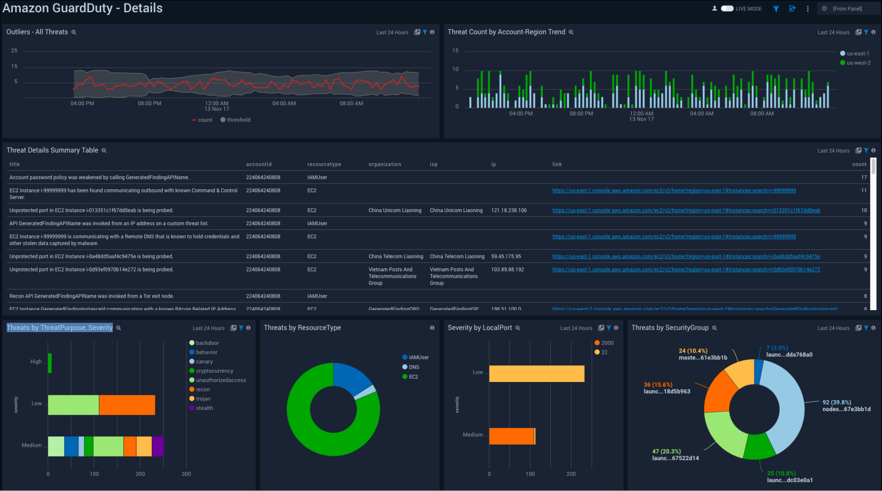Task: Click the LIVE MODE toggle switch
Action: pyautogui.click(x=727, y=9)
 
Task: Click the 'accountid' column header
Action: pyautogui.click(x=259, y=164)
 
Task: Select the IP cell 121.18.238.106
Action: pyautogui.click(x=509, y=210)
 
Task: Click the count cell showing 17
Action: pyautogui.click(x=863, y=177)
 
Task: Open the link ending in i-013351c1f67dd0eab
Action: pyautogui.click(x=686, y=210)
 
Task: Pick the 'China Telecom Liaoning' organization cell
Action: pyautogui.click(x=395, y=256)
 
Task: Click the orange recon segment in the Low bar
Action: pyautogui.click(x=127, y=405)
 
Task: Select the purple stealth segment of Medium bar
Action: pyautogui.click(x=158, y=446)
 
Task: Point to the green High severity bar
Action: pyautogui.click(x=50, y=363)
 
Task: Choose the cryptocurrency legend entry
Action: pyautogui.click(x=214, y=371)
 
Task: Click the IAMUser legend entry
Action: pyautogui.click(x=418, y=357)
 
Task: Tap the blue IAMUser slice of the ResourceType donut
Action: pyautogui.click(x=351, y=377)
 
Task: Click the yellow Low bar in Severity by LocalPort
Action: pyautogui.click(x=536, y=374)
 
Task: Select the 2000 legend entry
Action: pyautogui.click(x=607, y=343)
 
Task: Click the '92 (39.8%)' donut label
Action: pyautogui.click(x=837, y=402)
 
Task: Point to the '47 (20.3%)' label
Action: pyautogui.click(x=666, y=451)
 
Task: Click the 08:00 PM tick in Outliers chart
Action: pyautogui.click(x=150, y=103)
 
